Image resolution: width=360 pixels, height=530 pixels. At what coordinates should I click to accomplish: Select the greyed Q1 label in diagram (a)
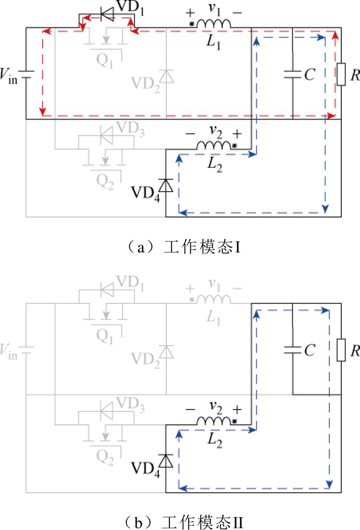[105, 63]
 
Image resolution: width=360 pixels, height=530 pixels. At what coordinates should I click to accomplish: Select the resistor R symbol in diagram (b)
[341, 350]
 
